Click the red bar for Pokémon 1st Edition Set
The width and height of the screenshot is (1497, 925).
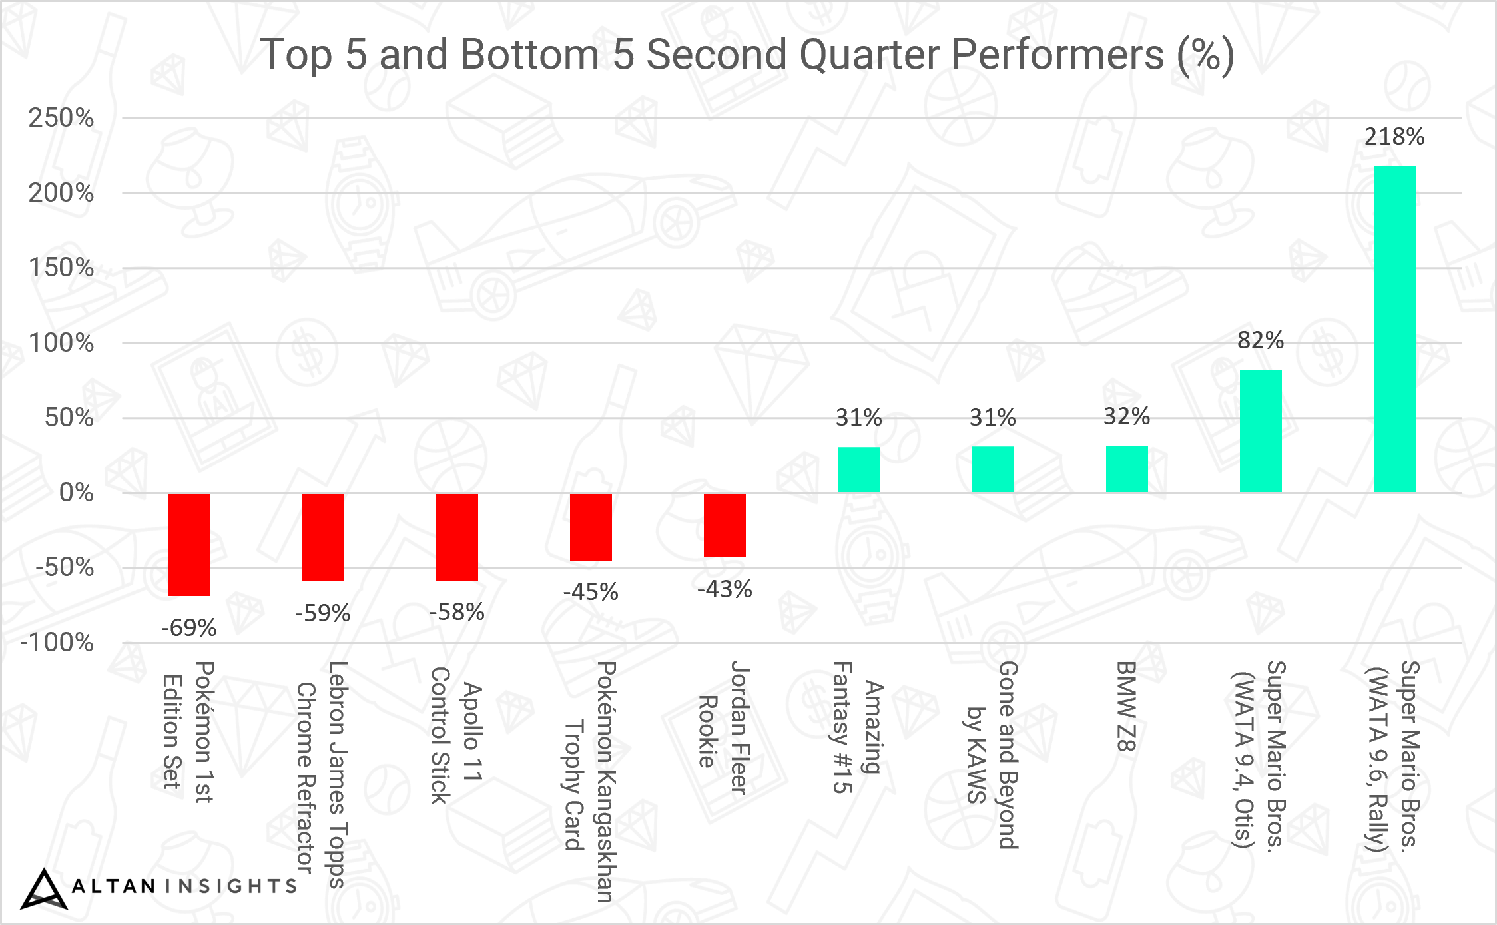(x=189, y=545)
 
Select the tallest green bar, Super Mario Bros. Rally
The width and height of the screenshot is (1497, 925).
(x=1394, y=329)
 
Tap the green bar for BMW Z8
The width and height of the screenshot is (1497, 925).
(x=1127, y=469)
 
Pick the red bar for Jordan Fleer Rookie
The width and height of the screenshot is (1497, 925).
(x=725, y=525)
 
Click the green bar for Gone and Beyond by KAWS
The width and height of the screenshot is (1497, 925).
(x=992, y=469)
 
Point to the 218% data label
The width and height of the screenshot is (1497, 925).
(x=1394, y=137)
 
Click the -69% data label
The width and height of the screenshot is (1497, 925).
(x=189, y=627)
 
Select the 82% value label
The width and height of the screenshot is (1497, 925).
(x=1261, y=340)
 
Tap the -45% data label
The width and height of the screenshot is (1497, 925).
(x=591, y=591)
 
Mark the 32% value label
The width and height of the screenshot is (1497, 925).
(x=1127, y=416)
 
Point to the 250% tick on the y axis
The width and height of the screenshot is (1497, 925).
(x=61, y=118)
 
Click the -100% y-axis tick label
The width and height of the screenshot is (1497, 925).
(x=57, y=643)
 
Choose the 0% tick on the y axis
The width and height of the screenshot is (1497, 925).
(x=76, y=493)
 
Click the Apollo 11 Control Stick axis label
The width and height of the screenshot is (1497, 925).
(x=456, y=735)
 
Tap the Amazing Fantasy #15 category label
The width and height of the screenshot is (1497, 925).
(x=858, y=727)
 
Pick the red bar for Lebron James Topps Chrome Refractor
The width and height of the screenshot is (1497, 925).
(x=323, y=537)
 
